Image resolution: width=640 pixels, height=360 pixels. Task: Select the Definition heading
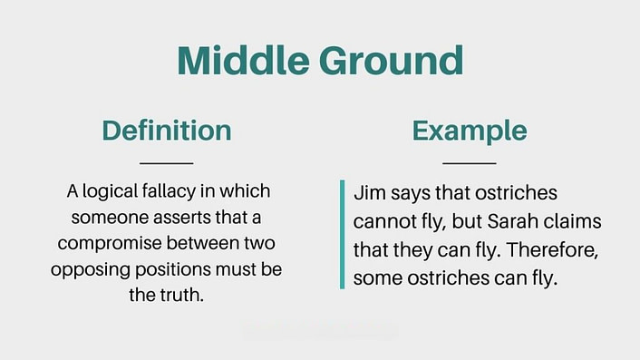pyautogui.click(x=167, y=131)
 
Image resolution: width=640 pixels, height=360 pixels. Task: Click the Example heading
pyautogui.click(x=469, y=131)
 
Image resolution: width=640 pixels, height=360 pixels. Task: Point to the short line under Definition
pyautogui.click(x=168, y=163)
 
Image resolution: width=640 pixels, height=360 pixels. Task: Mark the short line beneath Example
pyautogui.click(x=470, y=163)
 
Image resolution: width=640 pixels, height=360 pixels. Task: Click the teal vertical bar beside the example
pyautogui.click(x=343, y=235)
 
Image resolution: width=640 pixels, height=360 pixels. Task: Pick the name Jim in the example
pyautogui.click(x=369, y=194)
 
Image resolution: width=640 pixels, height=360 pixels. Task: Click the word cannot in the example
pyautogui.click(x=384, y=222)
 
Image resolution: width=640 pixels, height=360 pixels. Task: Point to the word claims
pyautogui.click(x=568, y=222)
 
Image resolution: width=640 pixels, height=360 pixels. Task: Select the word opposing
pyautogui.click(x=89, y=271)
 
